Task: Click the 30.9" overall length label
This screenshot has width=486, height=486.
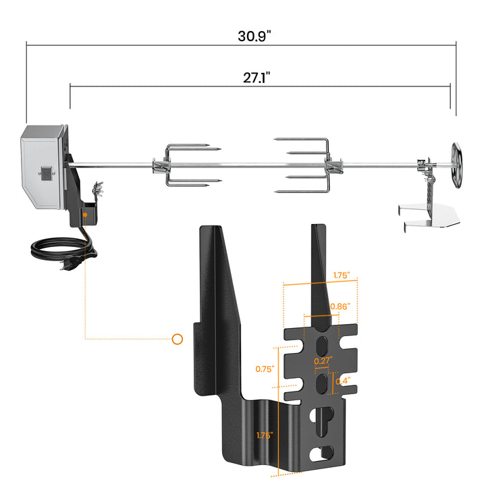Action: pos(254,35)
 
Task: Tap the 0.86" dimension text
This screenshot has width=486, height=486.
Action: pos(340,307)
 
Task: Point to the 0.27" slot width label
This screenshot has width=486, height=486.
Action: pos(323,362)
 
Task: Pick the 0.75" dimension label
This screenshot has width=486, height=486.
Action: pos(265,369)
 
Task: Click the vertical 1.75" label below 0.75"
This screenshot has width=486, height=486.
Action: pos(265,435)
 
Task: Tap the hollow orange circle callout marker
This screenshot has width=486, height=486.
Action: pos(178,339)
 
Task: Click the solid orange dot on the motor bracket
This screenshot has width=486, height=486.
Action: pos(86,216)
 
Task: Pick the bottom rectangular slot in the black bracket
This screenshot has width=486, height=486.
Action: pos(325,452)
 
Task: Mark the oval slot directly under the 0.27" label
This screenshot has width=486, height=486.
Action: pos(323,383)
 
